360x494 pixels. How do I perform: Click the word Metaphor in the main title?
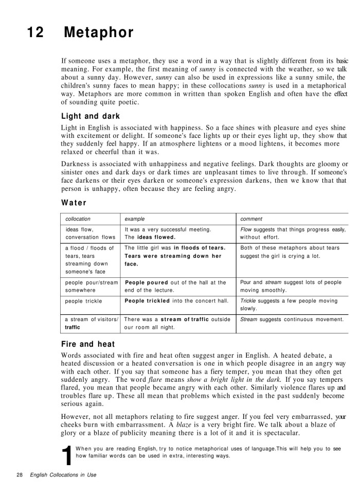pyautogui.click(x=99, y=33)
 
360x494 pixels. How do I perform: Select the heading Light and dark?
pyautogui.click(x=90, y=116)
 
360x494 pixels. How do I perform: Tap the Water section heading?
pyautogui.click(x=74, y=202)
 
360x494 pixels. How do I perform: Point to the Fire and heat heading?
pyautogui.click(x=87, y=344)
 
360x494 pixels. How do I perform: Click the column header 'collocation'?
pyautogui.click(x=78, y=219)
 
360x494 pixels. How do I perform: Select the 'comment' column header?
pyautogui.click(x=251, y=219)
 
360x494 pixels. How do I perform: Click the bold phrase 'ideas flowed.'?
pyautogui.click(x=156, y=237)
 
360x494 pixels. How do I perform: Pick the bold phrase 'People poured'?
pyautogui.click(x=147, y=283)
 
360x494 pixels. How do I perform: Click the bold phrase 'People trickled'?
pyautogui.click(x=148, y=301)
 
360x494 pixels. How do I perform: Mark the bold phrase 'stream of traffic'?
pyautogui.click(x=185, y=320)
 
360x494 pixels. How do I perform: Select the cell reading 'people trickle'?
pyautogui.click(x=83, y=301)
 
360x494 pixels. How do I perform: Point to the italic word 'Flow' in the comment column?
pyautogui.click(x=246, y=230)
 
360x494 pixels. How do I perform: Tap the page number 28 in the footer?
pyautogui.click(x=20, y=475)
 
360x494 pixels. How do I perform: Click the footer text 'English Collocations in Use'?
pyautogui.click(x=63, y=475)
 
